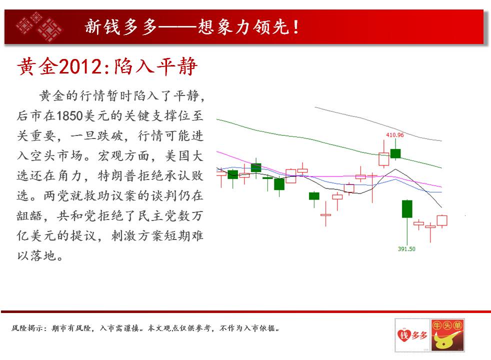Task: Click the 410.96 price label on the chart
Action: click(x=394, y=135)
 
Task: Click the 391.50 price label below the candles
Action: click(x=406, y=249)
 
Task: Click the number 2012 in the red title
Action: click(x=81, y=66)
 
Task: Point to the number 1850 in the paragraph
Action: click(x=69, y=116)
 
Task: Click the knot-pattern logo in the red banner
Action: click(x=39, y=26)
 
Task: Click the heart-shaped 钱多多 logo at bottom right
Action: click(x=412, y=335)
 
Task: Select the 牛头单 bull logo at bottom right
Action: click(x=447, y=335)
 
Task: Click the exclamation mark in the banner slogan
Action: click(x=296, y=27)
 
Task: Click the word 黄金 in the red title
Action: click(x=38, y=66)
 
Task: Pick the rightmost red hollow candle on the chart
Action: click(x=442, y=220)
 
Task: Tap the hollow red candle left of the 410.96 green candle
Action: click(x=384, y=159)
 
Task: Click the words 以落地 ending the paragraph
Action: click(x=36, y=256)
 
